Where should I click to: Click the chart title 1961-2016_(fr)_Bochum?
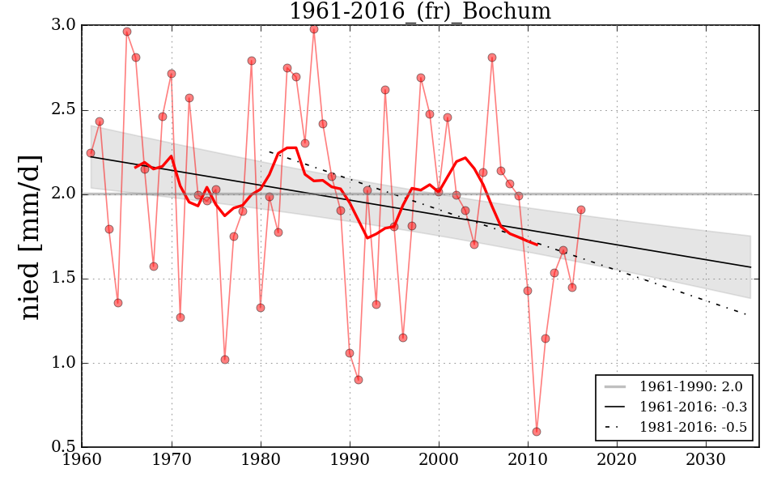[x=420, y=11]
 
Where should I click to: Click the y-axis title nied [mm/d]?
[x=31, y=237]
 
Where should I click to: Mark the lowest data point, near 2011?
[x=537, y=432]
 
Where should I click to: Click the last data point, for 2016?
[x=581, y=210]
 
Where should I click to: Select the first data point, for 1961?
[x=91, y=153]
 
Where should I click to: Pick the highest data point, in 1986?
[x=314, y=29]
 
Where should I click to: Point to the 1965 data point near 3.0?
[x=127, y=32]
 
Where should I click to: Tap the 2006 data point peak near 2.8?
[x=492, y=58]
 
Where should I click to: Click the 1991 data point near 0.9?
[x=359, y=380]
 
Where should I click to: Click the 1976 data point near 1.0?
[x=225, y=360]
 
